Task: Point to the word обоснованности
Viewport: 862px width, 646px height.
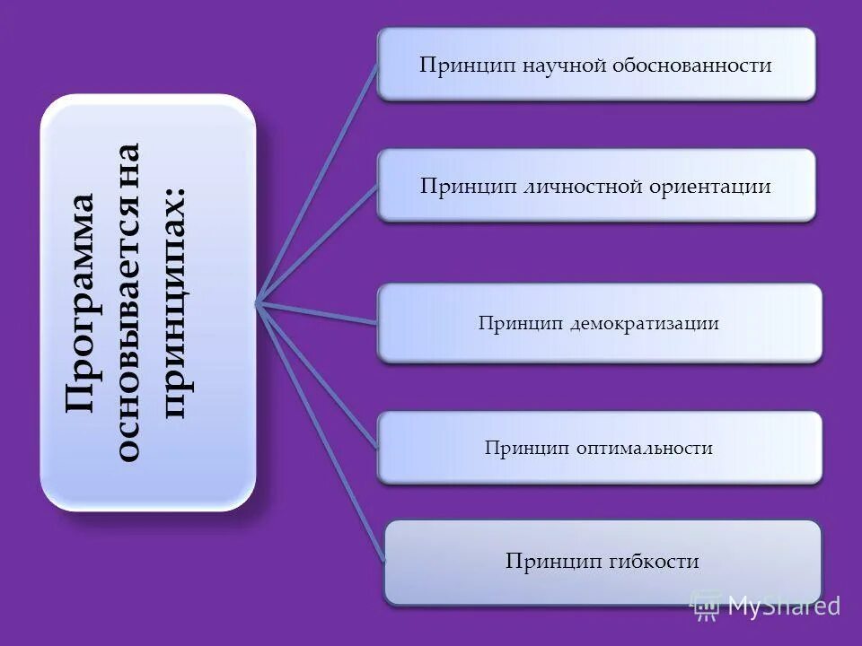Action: click(x=692, y=65)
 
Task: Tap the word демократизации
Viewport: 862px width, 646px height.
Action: click(x=645, y=323)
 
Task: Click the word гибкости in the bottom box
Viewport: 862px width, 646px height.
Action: click(x=655, y=562)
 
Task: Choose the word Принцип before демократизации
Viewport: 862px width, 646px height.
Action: click(x=520, y=323)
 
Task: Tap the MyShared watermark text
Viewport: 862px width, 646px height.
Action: click(x=784, y=606)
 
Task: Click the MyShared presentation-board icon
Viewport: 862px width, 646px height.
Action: click(x=706, y=606)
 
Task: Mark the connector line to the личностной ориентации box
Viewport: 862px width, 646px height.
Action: click(x=317, y=243)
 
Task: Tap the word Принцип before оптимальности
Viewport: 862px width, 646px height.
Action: click(x=525, y=447)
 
